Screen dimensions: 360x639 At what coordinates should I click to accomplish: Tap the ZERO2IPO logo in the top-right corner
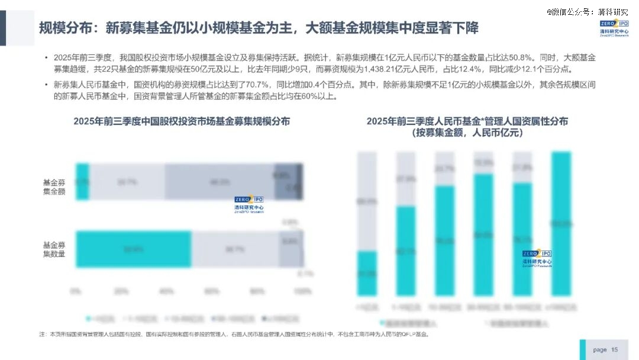614,27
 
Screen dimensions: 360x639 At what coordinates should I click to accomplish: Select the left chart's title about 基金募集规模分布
182,121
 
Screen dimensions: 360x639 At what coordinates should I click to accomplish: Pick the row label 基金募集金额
54,187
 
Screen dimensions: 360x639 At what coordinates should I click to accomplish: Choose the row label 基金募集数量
54,249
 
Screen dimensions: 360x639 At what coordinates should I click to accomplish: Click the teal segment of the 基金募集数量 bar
133,249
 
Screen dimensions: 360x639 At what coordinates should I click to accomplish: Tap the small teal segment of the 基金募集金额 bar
82,181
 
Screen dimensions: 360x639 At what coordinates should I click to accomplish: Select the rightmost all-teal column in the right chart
561,223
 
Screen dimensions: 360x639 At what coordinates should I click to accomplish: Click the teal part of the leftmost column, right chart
367,273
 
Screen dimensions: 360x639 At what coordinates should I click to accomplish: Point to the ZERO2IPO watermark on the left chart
249,203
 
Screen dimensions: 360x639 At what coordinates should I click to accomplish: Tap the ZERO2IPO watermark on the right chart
537,258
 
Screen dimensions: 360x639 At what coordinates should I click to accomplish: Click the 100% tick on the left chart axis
302,291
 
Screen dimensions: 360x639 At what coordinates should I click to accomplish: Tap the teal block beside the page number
583,350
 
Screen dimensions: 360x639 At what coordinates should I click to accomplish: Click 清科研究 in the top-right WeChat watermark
613,11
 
